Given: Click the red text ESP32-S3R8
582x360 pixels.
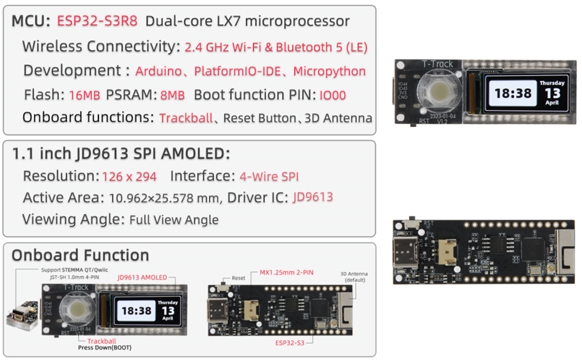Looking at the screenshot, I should [97, 21].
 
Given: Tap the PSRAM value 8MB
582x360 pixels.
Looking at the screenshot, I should [173, 95].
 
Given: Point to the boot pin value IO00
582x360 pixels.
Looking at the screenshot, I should [332, 95].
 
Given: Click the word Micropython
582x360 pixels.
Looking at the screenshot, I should [329, 71].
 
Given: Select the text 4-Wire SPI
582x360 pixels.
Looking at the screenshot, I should [269, 176].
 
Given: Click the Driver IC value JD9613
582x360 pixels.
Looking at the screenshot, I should [313, 197].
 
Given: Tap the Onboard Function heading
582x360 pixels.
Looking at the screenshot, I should [80, 255].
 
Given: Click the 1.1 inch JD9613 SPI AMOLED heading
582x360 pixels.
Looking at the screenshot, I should [121, 154].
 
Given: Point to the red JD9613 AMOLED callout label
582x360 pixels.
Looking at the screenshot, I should [142, 277].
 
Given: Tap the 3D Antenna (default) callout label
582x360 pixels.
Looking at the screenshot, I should [354, 277].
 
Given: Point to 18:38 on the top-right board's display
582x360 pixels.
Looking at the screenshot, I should [511, 94].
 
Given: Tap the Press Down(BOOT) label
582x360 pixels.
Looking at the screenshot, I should [104, 347].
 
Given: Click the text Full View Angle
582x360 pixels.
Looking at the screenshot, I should [174, 220].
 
